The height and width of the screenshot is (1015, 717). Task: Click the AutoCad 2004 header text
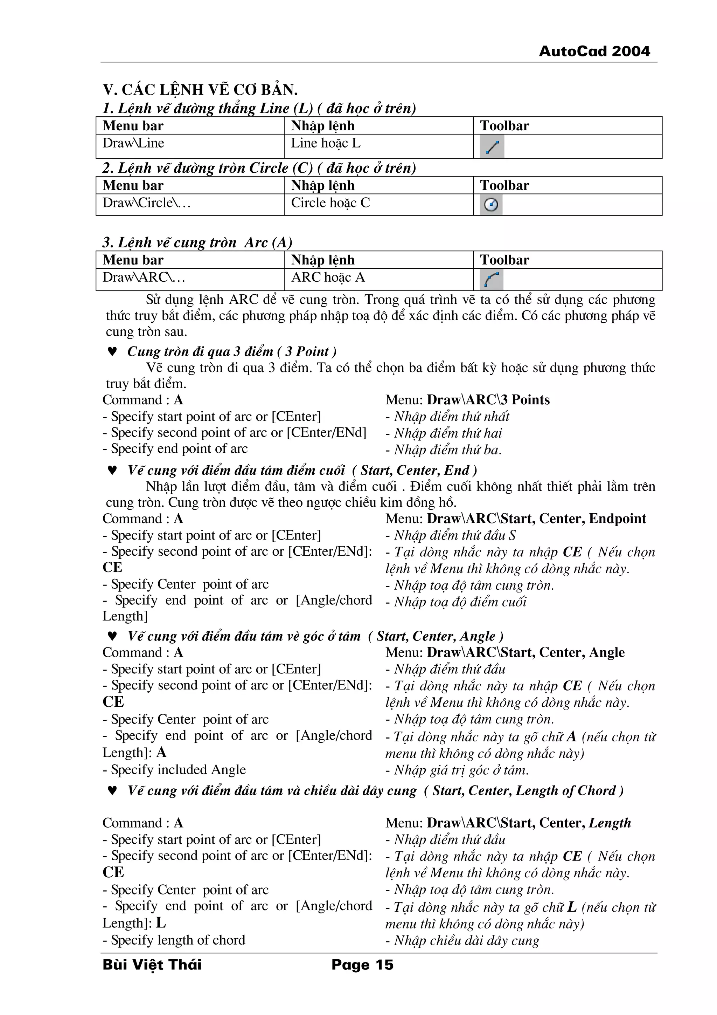pyautogui.click(x=594, y=51)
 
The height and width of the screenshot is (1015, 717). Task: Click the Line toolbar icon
pyautogui.click(x=492, y=146)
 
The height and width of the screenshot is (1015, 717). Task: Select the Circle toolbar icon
pyautogui.click(x=491, y=205)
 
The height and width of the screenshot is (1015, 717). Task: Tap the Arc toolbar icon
pyautogui.click(x=491, y=279)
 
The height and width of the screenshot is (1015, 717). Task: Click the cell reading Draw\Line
pyautogui.click(x=133, y=143)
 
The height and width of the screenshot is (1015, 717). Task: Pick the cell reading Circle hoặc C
pyautogui.click(x=330, y=203)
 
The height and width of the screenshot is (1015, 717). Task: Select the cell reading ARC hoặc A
pyautogui.click(x=328, y=277)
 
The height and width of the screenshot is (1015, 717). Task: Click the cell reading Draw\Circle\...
pyautogui.click(x=147, y=203)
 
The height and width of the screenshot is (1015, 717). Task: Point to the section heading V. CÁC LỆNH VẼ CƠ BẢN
pyautogui.click(x=200, y=90)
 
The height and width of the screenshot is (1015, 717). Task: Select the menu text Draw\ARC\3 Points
pyautogui.click(x=488, y=400)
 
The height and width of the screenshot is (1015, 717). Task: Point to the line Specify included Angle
pyautogui.click(x=174, y=770)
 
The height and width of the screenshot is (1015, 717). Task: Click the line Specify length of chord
pyautogui.click(x=174, y=940)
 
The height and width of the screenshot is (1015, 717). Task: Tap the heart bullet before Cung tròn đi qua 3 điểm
pyautogui.click(x=112, y=351)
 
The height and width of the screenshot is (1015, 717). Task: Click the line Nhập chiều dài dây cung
pyautogui.click(x=462, y=941)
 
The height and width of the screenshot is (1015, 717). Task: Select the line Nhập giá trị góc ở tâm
pyautogui.click(x=457, y=770)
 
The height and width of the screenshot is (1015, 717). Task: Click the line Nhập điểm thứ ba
pyautogui.click(x=444, y=450)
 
